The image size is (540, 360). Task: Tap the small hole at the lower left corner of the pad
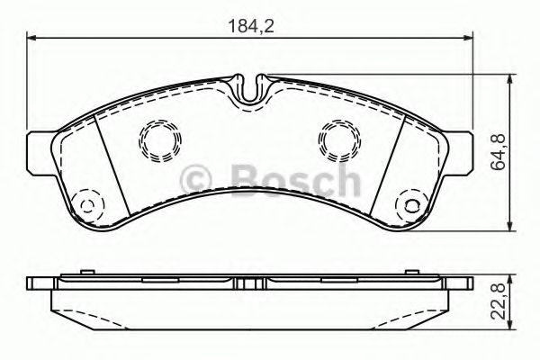86,204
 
